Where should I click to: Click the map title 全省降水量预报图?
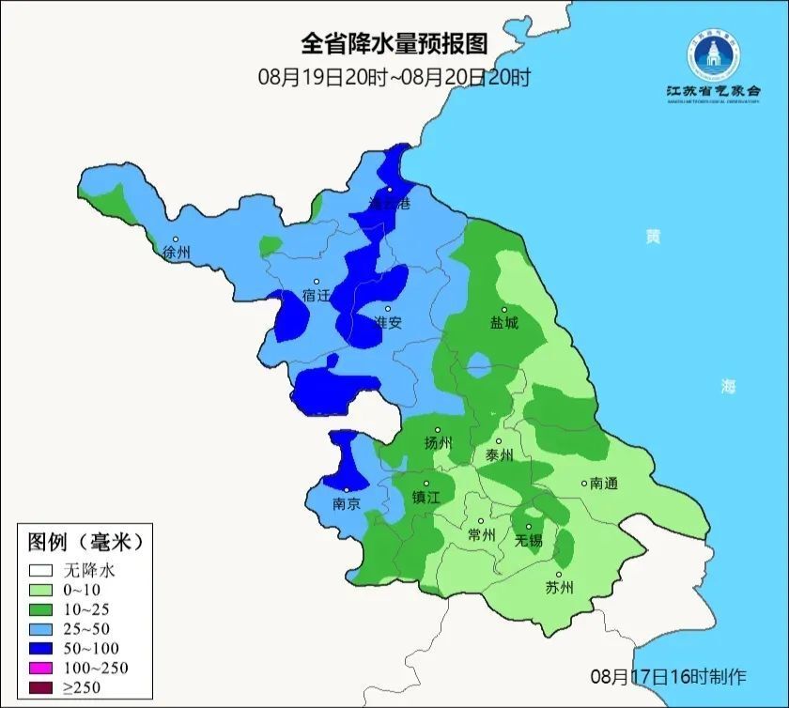click(394, 43)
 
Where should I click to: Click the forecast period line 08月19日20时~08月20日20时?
click(394, 77)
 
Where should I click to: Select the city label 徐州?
click(177, 253)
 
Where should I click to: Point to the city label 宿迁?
click(317, 296)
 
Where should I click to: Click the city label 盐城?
click(504, 323)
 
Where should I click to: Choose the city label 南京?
click(347, 504)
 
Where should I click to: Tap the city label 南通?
click(603, 484)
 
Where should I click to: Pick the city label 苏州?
click(559, 589)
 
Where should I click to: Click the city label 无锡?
click(529, 541)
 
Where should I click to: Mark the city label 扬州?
click(438, 443)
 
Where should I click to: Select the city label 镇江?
click(425, 498)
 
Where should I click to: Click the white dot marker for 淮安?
click(387, 309)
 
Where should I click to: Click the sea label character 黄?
click(652, 237)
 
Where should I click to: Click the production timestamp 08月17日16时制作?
click(668, 675)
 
